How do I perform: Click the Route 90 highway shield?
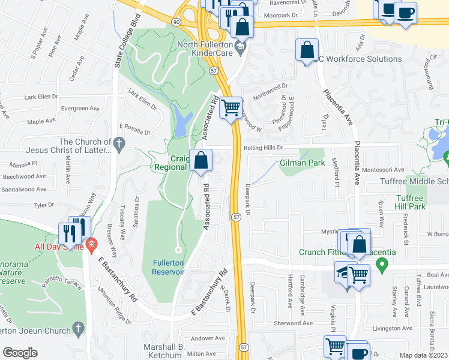pos(175,22)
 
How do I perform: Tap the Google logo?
pos(20,353)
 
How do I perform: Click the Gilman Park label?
pos(302,163)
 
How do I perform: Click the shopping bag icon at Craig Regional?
pos(202,161)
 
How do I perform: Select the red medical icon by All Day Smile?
pos(91,244)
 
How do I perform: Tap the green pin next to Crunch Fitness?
pos(381,263)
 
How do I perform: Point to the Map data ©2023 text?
pos(423,355)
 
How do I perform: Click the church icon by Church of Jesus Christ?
pos(119,144)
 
